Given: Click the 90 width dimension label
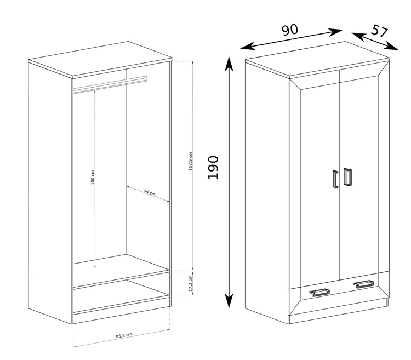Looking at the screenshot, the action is [290, 30].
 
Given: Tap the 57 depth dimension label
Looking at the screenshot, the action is [379, 31].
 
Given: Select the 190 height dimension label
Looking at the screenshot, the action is [213, 168].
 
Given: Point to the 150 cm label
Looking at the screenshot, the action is [92, 178].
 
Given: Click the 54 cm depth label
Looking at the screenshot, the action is [150, 192].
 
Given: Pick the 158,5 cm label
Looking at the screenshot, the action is [191, 162].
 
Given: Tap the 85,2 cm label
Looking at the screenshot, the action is [124, 335].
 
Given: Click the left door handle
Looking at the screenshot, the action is [335, 179].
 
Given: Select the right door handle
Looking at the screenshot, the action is [347, 177].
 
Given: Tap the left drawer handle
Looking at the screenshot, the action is [319, 292].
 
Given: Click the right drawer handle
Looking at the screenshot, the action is [364, 284].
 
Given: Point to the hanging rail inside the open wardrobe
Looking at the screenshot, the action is [110, 84].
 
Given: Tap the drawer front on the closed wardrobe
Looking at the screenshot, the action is [339, 293].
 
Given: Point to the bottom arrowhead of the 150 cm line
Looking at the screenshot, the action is [95, 266].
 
